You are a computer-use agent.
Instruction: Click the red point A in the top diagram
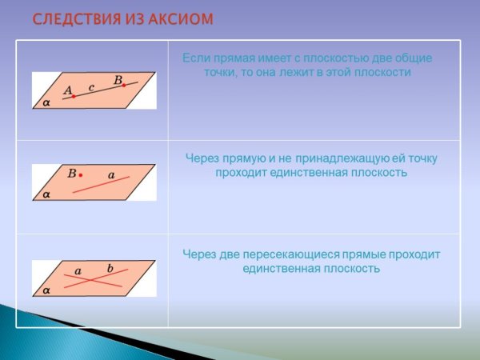(74, 97)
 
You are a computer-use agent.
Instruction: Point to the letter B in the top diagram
(118, 79)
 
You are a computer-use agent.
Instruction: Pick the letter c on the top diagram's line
(92, 86)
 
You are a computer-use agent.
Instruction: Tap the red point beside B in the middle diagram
(81, 174)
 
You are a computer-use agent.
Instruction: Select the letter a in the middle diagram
(111, 174)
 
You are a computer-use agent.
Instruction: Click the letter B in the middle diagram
(71, 173)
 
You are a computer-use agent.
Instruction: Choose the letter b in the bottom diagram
(110, 267)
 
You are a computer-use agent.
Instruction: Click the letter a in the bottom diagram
(78, 271)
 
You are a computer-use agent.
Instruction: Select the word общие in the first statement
(416, 58)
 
